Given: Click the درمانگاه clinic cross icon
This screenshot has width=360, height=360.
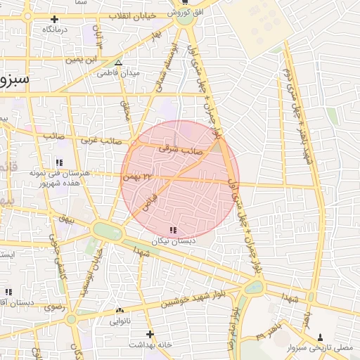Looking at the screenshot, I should (54, 19).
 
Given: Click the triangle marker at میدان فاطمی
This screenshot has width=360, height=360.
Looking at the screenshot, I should (118, 63).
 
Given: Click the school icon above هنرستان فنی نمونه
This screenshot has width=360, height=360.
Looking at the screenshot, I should (59, 163).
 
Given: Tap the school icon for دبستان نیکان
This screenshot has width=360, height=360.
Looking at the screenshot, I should (174, 230).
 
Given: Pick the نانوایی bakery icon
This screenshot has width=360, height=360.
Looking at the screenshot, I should (119, 310).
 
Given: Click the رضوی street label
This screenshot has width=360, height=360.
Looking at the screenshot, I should (53, 307).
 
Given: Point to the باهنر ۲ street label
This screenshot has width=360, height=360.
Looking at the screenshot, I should (271, 333).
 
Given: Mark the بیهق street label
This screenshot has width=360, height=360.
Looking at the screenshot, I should (65, 219).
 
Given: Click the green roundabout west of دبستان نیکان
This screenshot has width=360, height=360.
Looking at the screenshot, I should (106, 230).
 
